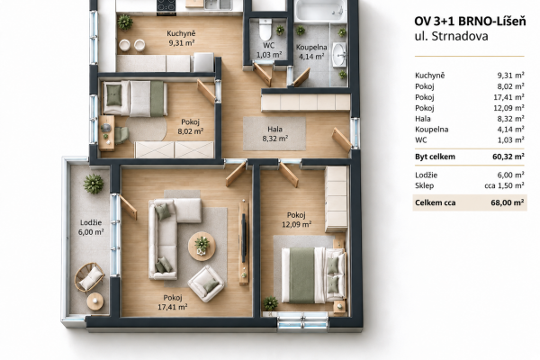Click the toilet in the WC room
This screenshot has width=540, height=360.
pyautogui.click(x=265, y=30)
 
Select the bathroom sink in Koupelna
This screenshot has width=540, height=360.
pyautogui.click(x=339, y=55)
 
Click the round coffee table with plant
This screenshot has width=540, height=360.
pyautogui.click(x=202, y=247)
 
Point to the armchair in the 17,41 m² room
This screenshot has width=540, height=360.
pyautogui.click(x=206, y=283)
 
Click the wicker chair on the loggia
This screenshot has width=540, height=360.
pyautogui.click(x=90, y=277)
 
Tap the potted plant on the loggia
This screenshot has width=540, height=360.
pyautogui.click(x=94, y=184)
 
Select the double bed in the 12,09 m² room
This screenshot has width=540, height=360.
pyautogui.click(x=313, y=274)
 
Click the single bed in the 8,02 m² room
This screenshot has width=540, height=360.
pyautogui.click(x=135, y=98)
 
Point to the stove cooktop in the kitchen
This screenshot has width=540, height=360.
pyautogui.click(x=166, y=6)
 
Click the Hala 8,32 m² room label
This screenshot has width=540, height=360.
pyautogui.click(x=274, y=134)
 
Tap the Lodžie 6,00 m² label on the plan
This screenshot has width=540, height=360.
pyautogui.click(x=91, y=228)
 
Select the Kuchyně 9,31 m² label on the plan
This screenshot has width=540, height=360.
pyautogui.click(x=181, y=38)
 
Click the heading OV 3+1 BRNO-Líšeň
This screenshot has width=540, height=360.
pyautogui.click(x=470, y=22)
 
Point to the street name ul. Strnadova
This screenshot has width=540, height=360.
pyautogui.click(x=451, y=36)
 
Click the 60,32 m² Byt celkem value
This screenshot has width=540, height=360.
pyautogui.click(x=508, y=157)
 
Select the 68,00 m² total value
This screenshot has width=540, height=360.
pyautogui.click(x=508, y=202)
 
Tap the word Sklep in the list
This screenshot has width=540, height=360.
pyautogui.click(x=424, y=185)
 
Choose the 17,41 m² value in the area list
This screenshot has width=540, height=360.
pyautogui.click(x=508, y=97)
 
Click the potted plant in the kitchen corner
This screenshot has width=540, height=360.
pyautogui.click(x=125, y=22)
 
